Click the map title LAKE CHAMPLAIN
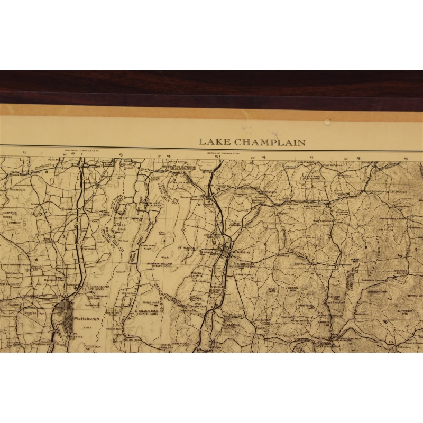(252, 142)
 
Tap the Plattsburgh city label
(87, 318)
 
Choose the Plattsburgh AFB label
(70, 335)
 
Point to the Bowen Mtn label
(412, 296)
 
